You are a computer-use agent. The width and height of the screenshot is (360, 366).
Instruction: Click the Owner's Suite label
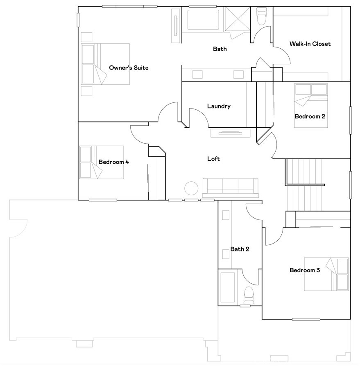point(129,68)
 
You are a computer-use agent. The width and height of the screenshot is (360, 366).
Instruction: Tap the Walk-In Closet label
point(310,44)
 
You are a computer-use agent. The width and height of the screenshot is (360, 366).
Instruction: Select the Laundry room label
point(219,106)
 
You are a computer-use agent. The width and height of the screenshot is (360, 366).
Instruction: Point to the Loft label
point(213,158)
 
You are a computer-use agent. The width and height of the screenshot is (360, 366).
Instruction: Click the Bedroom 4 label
point(114,162)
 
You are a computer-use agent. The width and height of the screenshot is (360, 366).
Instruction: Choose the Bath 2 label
point(240,249)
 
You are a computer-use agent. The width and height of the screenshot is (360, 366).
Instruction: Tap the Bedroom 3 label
point(305,270)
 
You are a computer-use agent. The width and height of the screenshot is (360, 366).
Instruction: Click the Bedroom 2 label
point(310,116)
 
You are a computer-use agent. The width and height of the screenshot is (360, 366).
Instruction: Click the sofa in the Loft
point(230,188)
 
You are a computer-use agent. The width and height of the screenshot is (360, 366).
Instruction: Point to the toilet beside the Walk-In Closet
point(261,17)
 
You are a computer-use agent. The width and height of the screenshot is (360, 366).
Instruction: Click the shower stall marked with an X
point(236,20)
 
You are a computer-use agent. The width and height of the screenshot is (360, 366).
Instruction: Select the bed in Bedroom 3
point(326,274)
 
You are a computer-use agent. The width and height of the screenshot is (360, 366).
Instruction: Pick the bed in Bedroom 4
point(101,162)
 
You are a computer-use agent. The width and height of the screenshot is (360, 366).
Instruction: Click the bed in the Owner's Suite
point(105,64)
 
